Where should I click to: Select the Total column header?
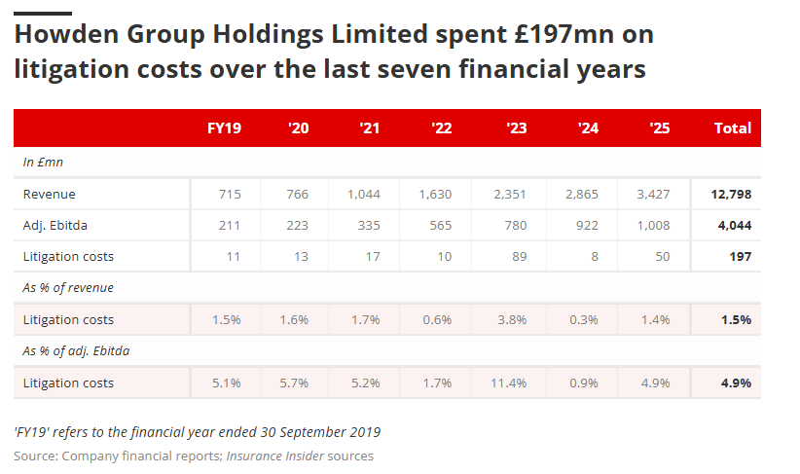pos(732,128)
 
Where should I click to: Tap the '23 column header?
pos(517,128)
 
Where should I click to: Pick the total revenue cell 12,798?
pos(730,194)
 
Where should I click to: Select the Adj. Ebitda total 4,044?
pos(733,226)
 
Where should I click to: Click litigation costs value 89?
pos(518,257)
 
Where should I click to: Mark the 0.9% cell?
pos(583,383)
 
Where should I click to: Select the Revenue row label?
pos(50,194)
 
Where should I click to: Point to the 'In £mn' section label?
pos(43,162)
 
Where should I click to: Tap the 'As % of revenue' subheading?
pos(68,288)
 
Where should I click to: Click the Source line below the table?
pos(194,456)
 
